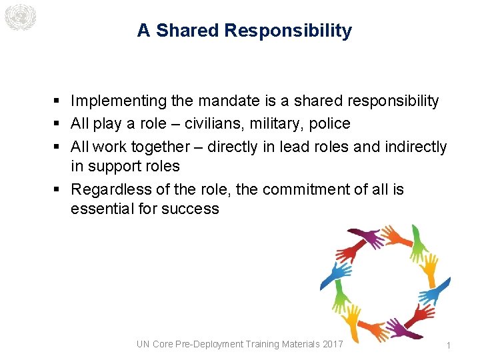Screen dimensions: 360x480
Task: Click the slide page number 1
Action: point(449,345)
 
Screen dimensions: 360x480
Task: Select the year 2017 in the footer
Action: point(331,344)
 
